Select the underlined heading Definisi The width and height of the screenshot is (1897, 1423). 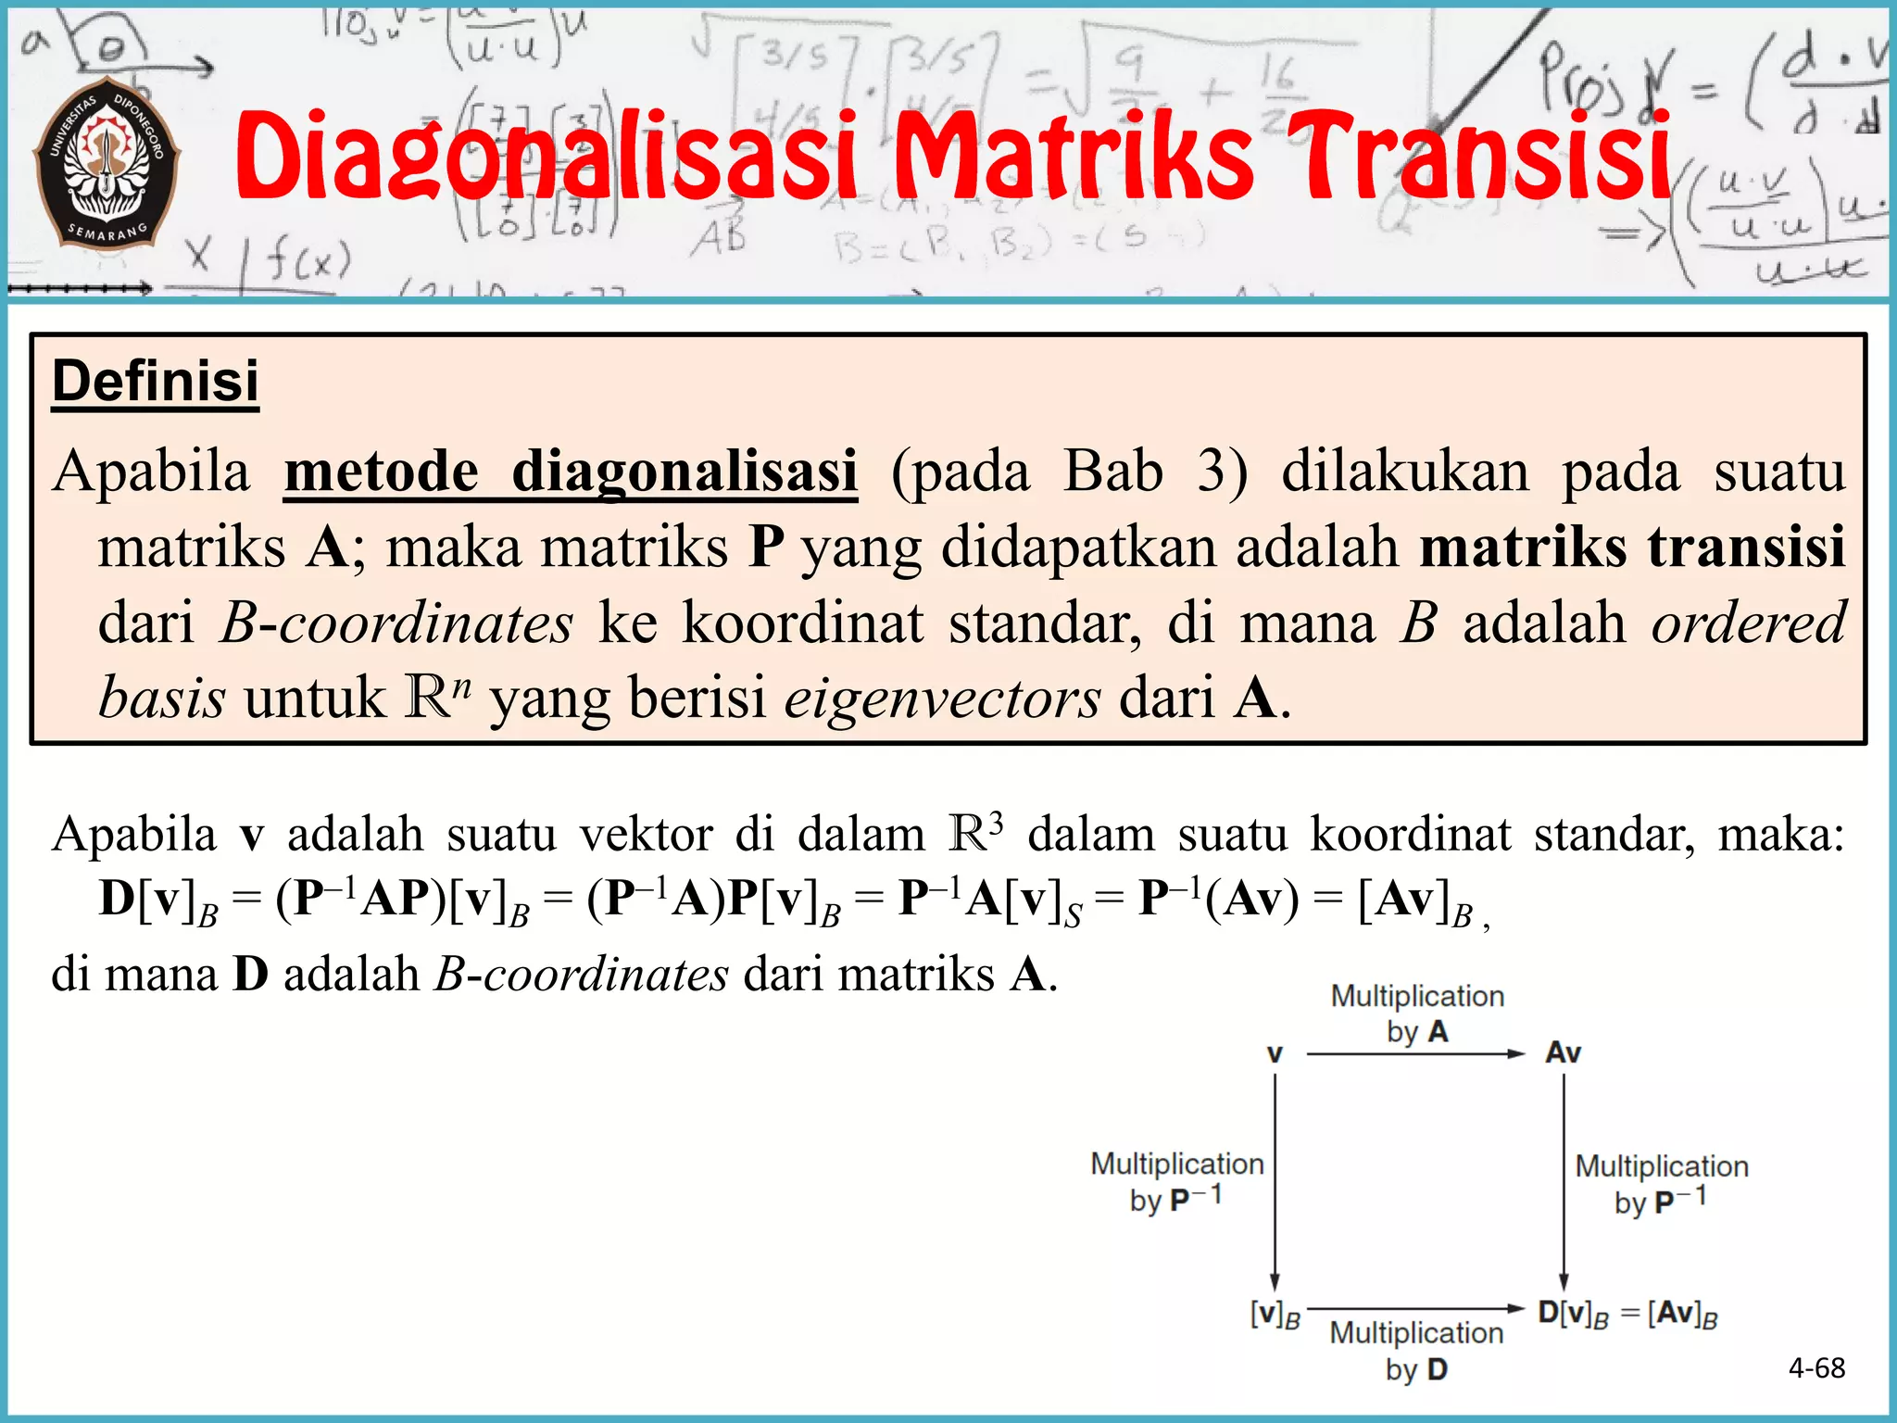pos(156,381)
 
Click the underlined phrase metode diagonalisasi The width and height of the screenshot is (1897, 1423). pos(571,472)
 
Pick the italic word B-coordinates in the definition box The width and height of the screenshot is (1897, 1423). pos(396,623)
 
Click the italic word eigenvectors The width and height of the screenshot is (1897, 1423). pos(943,698)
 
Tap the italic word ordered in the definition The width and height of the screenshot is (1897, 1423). pos(1749,623)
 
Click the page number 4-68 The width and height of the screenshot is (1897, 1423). pos(1816,1367)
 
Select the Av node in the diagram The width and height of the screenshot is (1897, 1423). pos(1564,1053)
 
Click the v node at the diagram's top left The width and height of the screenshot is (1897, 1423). pos(1275,1054)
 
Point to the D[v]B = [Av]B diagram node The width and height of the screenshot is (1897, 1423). pos(1627,1314)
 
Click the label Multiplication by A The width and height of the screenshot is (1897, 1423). pos(1417,1014)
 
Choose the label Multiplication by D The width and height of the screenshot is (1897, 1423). pos(1416,1351)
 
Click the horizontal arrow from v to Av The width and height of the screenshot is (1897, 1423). pos(1415,1054)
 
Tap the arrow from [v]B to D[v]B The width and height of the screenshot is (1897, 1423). pos(1415,1309)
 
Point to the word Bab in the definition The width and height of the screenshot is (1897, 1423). pos(1113,472)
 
